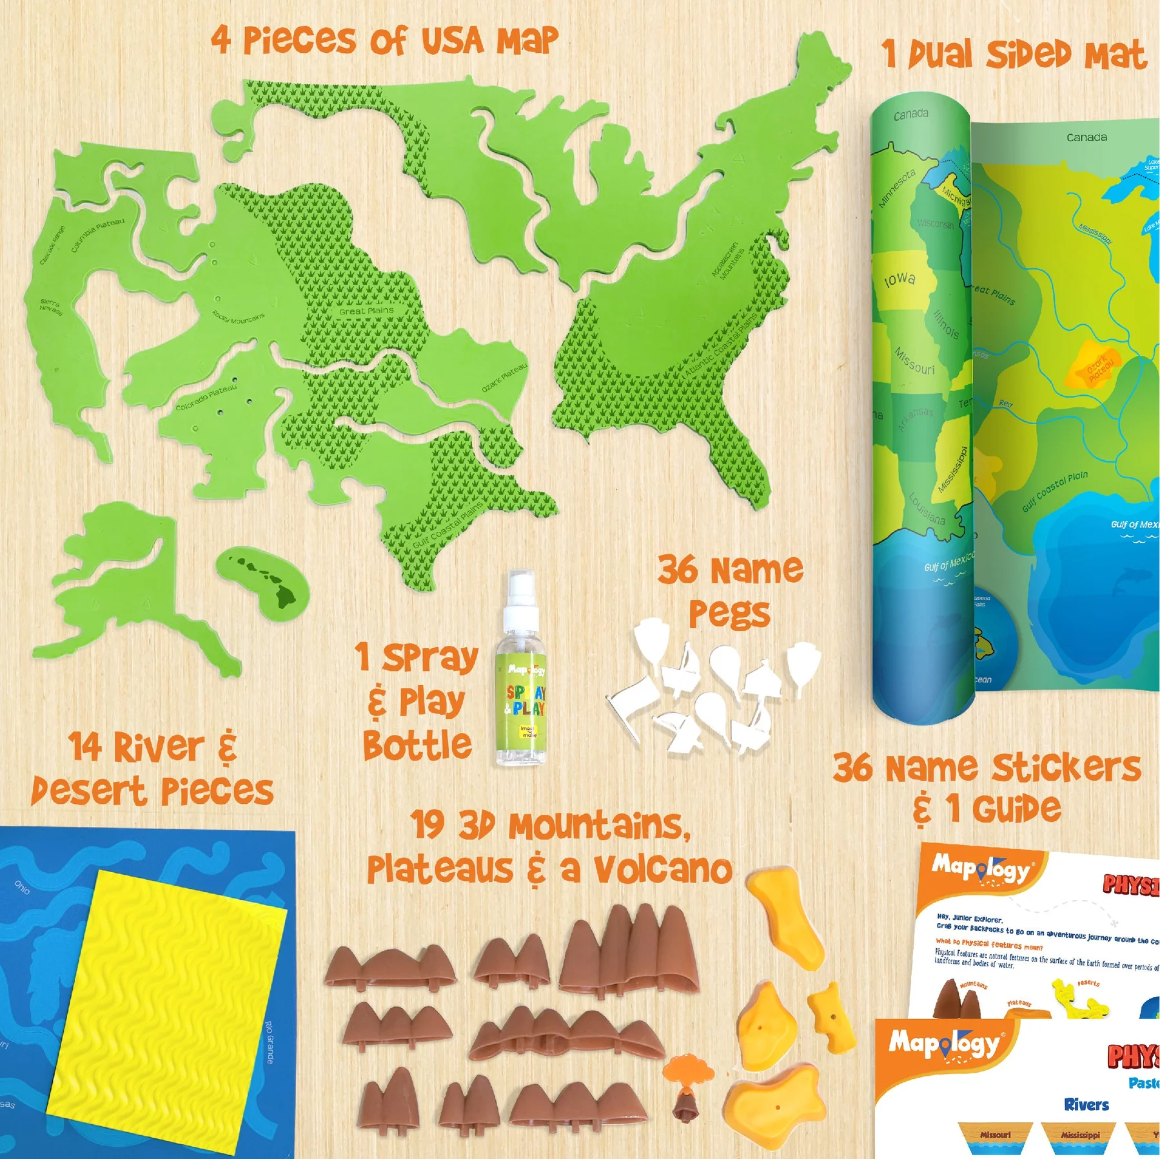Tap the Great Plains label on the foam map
pos(366,311)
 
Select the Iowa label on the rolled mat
pos(900,279)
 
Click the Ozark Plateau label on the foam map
pos(504,377)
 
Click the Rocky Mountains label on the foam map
pos(239,317)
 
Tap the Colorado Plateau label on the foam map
pos(206,397)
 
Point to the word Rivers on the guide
pos(1086,1105)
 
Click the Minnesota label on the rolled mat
pos(896,188)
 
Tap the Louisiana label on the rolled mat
pos(927,508)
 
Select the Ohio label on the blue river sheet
pos(22,888)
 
